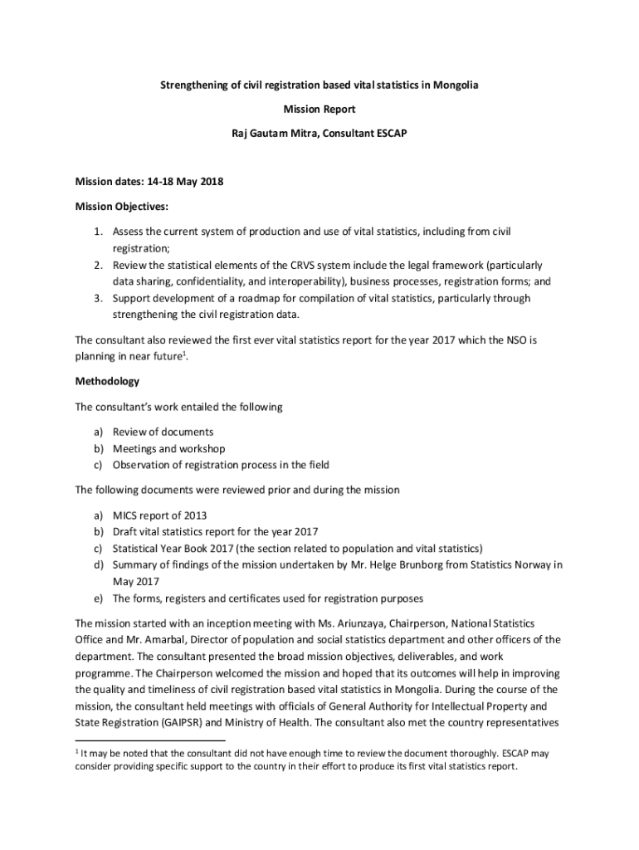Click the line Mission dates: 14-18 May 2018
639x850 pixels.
pos(149,182)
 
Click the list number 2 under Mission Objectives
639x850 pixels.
pos(96,266)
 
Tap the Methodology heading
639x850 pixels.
pos(107,382)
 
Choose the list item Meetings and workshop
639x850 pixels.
pos(168,449)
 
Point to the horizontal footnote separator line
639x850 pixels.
pos(150,740)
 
